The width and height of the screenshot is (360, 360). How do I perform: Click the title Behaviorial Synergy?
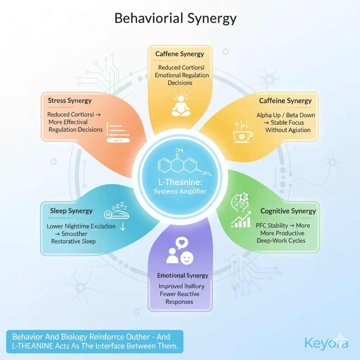(175, 18)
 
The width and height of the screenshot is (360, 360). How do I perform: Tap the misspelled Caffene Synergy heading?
(180, 54)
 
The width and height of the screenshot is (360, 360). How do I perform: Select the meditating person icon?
(180, 104)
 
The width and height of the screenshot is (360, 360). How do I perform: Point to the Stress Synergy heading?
(70, 101)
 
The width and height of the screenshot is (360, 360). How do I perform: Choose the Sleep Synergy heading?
(71, 211)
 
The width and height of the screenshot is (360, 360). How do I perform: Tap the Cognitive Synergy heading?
(288, 211)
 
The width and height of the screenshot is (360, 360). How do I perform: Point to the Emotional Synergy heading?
(182, 276)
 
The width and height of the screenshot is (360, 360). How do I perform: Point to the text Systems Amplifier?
(180, 191)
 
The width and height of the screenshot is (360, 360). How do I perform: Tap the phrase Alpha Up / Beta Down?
(285, 115)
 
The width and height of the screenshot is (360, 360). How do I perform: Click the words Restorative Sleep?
(73, 242)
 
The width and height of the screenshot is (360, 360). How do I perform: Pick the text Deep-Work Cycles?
(281, 241)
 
